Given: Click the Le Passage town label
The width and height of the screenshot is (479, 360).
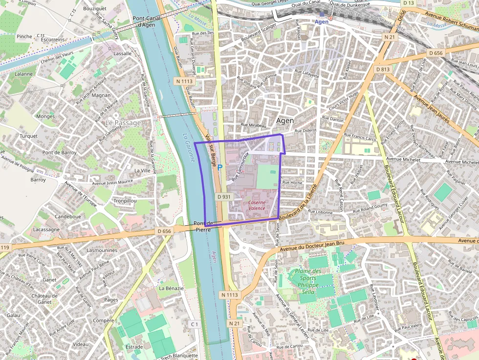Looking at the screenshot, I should coord(123,123).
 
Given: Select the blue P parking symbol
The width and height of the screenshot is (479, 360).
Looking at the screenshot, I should coord(220,167).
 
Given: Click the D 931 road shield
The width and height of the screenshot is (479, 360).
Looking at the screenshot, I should coord(223,197).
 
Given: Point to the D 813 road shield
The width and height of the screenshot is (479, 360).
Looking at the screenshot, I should coord(383,69).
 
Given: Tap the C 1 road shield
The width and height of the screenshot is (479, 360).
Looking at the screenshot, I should coord(194,324).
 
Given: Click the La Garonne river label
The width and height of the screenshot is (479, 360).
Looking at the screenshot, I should coord(189,148).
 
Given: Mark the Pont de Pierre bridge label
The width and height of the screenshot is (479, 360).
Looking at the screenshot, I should coord(203,226).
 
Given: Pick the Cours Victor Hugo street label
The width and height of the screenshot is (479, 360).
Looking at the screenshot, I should coord(344,100).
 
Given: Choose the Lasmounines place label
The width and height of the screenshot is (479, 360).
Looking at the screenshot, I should coord(102,250).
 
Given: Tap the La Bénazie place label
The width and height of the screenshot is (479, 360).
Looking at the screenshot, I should coord(171,288).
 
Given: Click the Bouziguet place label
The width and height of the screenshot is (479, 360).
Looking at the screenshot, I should coord(94,9).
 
